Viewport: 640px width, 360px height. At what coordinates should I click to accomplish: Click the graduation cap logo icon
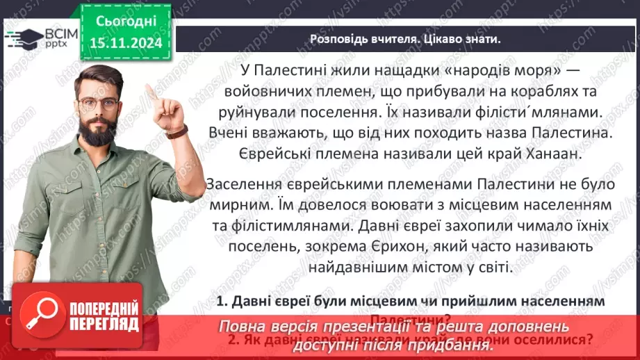point(23,37)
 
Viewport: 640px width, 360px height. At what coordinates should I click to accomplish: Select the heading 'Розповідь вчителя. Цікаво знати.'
point(404,39)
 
